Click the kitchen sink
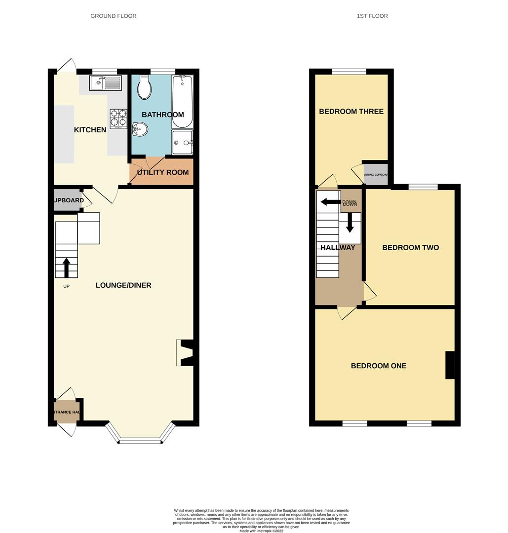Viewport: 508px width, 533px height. point(105,82)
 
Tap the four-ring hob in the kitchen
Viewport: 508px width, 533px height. point(118,118)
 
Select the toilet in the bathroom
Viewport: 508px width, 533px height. point(145,87)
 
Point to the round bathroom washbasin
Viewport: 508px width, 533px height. point(140,130)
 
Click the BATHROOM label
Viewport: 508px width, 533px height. point(162,114)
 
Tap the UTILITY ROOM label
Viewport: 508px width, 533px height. point(163,172)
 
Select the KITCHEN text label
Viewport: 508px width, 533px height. point(90,130)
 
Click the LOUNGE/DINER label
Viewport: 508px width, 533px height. point(123,285)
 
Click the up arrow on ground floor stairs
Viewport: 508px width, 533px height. point(66,267)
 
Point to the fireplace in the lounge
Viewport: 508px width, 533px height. point(185,353)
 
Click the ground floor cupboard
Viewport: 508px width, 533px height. point(68,200)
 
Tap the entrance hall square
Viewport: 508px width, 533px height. point(66,412)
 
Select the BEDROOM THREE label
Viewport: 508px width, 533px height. point(351,111)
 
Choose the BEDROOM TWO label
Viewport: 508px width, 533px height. point(410,247)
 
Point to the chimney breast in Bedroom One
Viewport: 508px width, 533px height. point(450,365)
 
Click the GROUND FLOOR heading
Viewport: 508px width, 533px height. point(113,16)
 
